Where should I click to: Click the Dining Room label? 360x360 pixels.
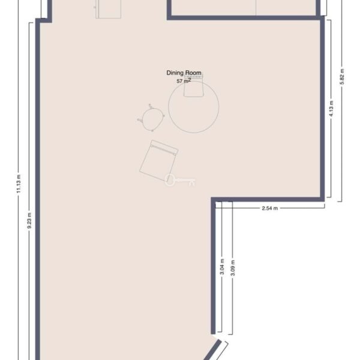[184, 73]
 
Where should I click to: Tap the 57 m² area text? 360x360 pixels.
[184, 81]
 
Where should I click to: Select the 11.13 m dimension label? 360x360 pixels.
[19, 184]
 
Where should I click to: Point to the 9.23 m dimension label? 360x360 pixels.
[29, 221]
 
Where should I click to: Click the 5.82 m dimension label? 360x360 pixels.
[342, 77]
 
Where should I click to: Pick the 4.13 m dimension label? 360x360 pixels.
[331, 109]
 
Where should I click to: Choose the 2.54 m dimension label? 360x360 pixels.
[270, 208]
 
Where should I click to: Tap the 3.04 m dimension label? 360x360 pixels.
[222, 266]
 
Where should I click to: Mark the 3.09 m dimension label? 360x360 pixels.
[233, 268]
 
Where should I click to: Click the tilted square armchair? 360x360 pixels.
[158, 160]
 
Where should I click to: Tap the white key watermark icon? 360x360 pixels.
[180, 180]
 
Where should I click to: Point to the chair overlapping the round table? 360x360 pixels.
[194, 86]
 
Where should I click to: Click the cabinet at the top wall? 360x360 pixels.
[109, 9]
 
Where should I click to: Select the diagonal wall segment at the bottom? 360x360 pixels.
[212, 350]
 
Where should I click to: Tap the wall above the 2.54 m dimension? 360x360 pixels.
[268, 199]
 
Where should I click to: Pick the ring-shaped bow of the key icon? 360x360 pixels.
[170, 180]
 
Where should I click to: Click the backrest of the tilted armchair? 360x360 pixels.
[164, 147]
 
